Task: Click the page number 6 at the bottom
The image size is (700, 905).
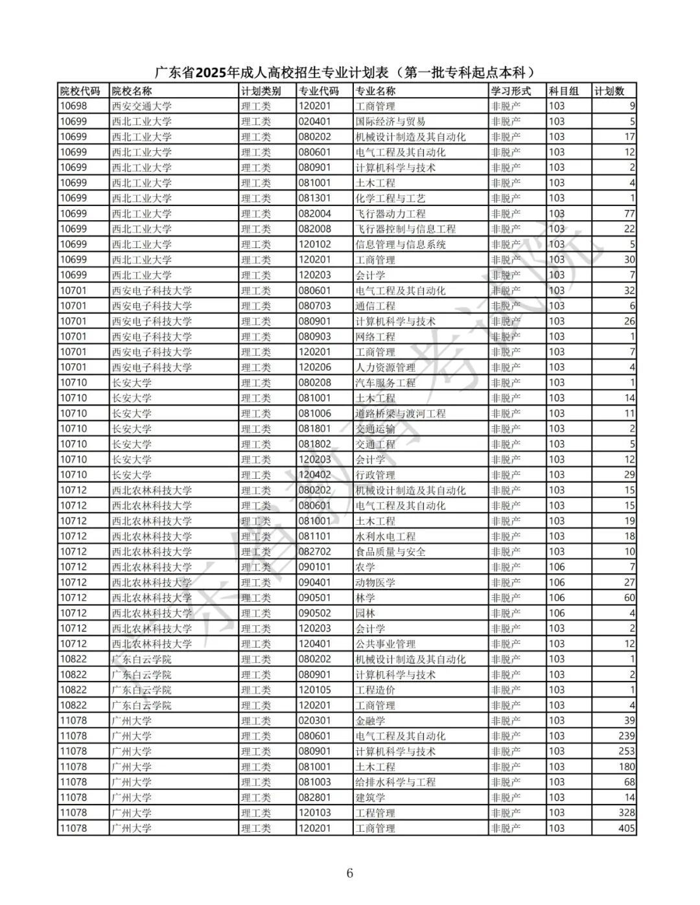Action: pos(350,873)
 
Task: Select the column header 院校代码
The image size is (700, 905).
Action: pos(80,91)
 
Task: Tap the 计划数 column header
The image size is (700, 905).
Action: pos(609,91)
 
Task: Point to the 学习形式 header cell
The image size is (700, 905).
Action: pos(511,91)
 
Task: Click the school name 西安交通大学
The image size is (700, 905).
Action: pos(142,106)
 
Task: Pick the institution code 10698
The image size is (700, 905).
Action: pos(73,106)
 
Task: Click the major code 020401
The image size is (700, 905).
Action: pos(314,122)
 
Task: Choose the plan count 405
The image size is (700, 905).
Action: pos(626,828)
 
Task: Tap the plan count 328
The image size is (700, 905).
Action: pos(626,813)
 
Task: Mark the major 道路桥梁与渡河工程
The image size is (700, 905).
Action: pos(410,413)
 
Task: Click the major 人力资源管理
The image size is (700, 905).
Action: pos(386,367)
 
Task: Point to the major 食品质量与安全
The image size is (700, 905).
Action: pos(391,552)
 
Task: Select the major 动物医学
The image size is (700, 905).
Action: pos(375,582)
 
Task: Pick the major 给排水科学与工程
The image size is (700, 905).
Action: pos(395,782)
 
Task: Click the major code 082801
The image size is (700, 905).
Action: pos(314,797)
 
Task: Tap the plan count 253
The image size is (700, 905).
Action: pos(626,751)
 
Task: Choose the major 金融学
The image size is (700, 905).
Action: pos(370,721)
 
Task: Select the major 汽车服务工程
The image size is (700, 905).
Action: pos(386,383)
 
